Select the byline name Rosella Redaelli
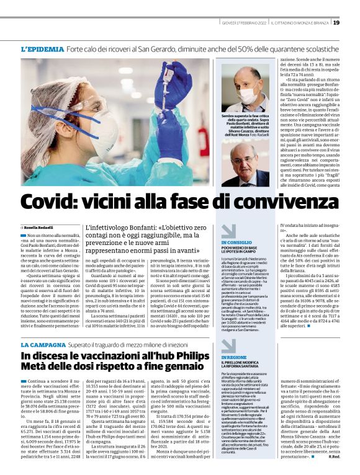pos(42,229)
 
